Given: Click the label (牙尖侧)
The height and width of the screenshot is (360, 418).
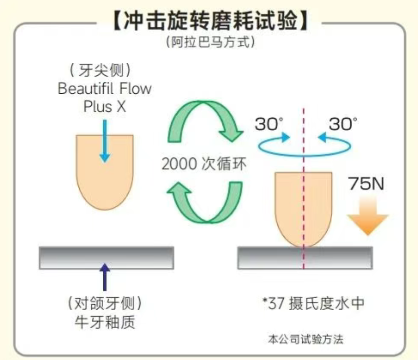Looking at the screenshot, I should pyautogui.click(x=104, y=71).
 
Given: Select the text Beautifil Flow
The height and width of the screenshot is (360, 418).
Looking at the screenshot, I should pyautogui.click(x=105, y=89).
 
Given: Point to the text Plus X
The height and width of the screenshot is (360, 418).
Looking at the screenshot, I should pyautogui.click(x=105, y=107).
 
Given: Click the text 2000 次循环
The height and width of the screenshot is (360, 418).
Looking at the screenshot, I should pyautogui.click(x=204, y=164).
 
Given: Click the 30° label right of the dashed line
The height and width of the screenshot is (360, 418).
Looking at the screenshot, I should pyautogui.click(x=343, y=124).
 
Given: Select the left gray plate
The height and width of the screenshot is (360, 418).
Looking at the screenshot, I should pyautogui.click(x=106, y=257).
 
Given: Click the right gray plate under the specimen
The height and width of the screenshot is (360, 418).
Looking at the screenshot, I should pyautogui.click(x=304, y=257).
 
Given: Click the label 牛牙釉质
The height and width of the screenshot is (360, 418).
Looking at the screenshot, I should pyautogui.click(x=105, y=322).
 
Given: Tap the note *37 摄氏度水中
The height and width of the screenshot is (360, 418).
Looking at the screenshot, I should pyautogui.click(x=313, y=303).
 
